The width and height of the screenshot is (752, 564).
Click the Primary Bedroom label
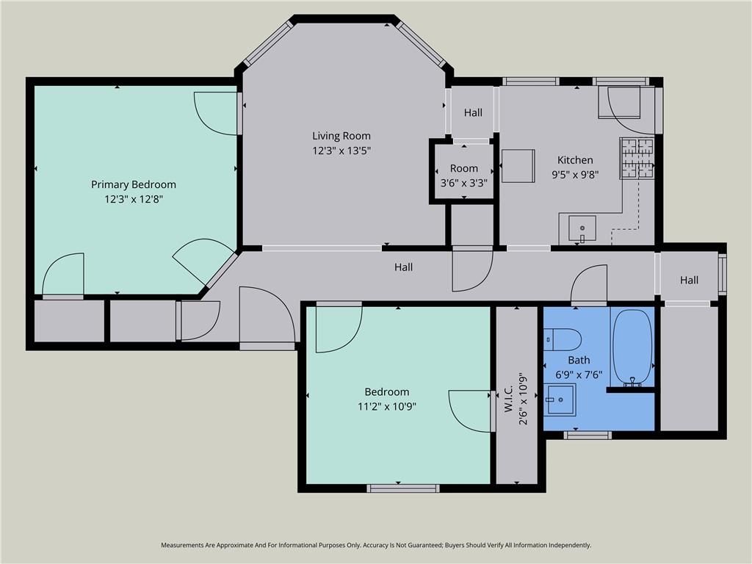click(x=134, y=184)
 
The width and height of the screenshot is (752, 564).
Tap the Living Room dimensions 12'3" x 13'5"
click(x=341, y=151)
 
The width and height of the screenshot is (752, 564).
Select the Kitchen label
click(x=575, y=160)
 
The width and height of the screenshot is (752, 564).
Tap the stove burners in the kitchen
click(x=637, y=159)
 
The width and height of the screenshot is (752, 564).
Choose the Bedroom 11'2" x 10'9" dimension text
click(x=386, y=407)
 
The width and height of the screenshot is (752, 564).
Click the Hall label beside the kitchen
click(x=473, y=112)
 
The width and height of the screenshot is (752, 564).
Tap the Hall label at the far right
click(x=689, y=280)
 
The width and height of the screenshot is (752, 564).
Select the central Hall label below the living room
click(x=403, y=267)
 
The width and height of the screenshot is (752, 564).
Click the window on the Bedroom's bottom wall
click(x=403, y=488)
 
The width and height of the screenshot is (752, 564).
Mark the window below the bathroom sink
click(x=587, y=435)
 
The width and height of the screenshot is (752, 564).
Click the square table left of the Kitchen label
click(x=518, y=166)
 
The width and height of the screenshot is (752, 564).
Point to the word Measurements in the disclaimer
click(x=181, y=546)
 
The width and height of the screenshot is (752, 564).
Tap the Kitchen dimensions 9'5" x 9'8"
click(x=575, y=175)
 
